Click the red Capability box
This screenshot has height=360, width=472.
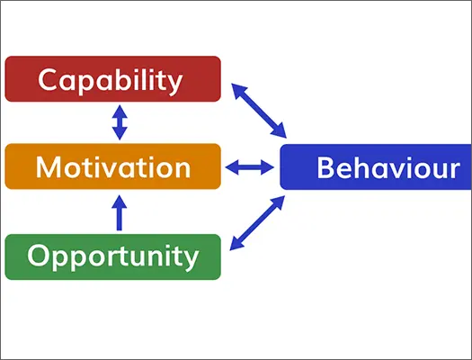click(x=113, y=79)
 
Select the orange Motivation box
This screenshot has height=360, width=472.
click(x=113, y=166)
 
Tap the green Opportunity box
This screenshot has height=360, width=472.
click(x=113, y=257)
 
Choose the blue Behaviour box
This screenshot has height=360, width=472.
click(x=376, y=166)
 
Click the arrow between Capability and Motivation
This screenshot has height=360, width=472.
click(x=120, y=122)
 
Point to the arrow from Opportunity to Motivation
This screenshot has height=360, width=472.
click(x=120, y=212)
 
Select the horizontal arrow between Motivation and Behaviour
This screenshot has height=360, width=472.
click(x=250, y=167)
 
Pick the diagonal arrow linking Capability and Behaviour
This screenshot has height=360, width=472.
click(x=259, y=111)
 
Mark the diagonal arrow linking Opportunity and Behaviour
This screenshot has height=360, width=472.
click(x=257, y=223)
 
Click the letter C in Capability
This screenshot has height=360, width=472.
click(x=48, y=79)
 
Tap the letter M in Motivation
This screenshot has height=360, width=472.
click(x=48, y=167)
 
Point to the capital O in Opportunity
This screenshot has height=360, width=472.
click(x=38, y=256)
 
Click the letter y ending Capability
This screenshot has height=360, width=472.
click(x=174, y=84)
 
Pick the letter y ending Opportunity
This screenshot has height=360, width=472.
click(x=191, y=261)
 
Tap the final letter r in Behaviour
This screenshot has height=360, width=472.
click(x=455, y=170)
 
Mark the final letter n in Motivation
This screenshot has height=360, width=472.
click(x=183, y=169)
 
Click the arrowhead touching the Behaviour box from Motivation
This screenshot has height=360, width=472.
click(x=267, y=167)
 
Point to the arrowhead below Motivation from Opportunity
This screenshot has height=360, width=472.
click(x=120, y=202)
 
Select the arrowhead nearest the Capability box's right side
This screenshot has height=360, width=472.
click(x=238, y=90)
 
